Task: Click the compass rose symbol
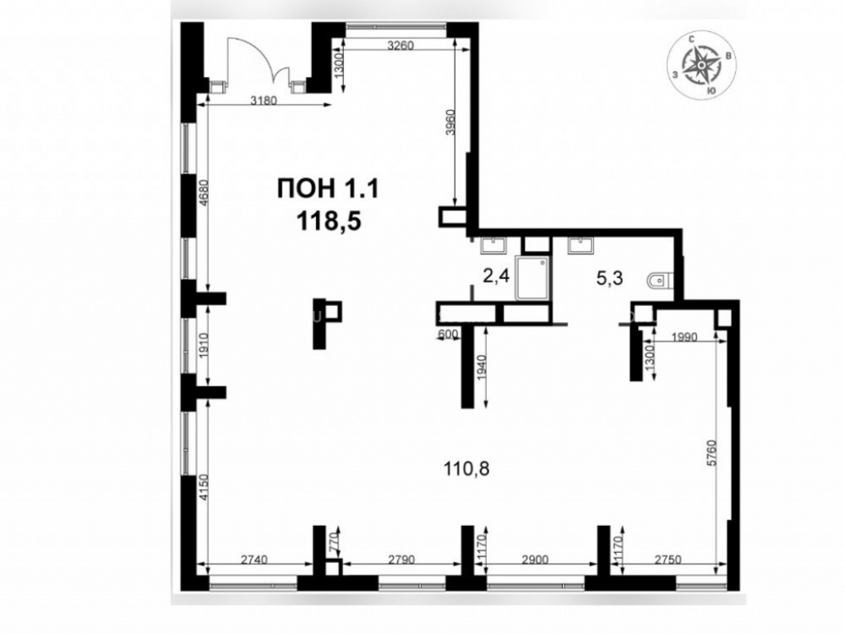coord(701,65)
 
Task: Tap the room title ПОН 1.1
coord(328,189)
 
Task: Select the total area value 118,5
coord(328,221)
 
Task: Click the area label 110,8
coord(466,468)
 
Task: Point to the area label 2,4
coord(496,277)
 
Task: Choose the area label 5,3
coord(609,278)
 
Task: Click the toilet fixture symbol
coord(659,281)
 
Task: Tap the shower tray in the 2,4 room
coord(532,278)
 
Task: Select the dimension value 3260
coord(401,46)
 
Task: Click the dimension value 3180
coord(264,101)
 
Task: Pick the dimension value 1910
coord(203,343)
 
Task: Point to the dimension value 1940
coord(482,367)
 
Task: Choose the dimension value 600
coord(448,334)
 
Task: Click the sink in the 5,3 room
coord(581,245)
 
